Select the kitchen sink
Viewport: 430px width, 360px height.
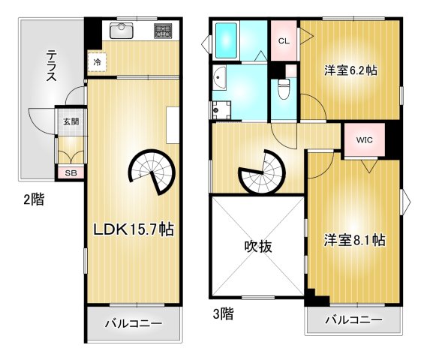point(122,31)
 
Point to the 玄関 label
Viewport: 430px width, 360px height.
point(70,121)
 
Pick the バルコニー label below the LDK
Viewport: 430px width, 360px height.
point(134,325)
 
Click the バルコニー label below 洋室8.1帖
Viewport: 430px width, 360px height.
point(353,320)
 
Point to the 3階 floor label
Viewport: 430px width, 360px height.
point(223,314)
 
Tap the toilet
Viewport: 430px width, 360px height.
point(283,91)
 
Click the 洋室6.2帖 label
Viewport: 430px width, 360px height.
point(350,70)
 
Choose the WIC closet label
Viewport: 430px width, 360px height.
point(364,139)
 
